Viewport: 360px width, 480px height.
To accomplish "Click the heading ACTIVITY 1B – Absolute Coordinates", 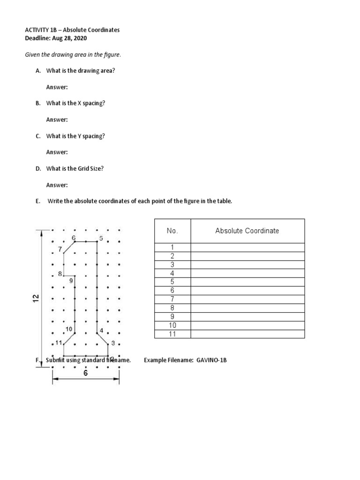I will (x=72, y=30).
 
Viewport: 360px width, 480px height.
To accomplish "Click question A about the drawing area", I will (x=80, y=70).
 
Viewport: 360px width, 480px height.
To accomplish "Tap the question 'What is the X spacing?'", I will (x=75, y=103).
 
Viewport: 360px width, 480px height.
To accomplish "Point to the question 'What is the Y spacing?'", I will (x=75, y=136).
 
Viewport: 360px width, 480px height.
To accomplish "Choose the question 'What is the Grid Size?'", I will (x=75, y=169).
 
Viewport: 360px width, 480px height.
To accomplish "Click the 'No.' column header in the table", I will (x=172, y=231).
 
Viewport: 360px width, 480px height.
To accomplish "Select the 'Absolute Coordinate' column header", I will (x=247, y=231).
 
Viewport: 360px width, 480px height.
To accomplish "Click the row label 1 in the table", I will (x=172, y=247).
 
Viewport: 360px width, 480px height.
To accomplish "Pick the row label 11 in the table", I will (x=172, y=334).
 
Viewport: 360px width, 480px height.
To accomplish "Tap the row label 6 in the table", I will (x=172, y=291).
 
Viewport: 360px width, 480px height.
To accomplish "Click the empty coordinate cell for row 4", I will (x=247, y=273).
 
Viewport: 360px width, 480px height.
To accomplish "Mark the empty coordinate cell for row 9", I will (x=247, y=316).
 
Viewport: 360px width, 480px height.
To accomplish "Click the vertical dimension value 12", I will (x=36, y=298).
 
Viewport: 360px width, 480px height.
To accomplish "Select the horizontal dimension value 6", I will (x=86, y=374).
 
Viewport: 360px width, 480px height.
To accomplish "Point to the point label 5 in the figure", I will (x=101, y=238).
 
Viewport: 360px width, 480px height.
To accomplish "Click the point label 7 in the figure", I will (x=60, y=248).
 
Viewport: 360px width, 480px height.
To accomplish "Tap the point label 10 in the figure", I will (x=69, y=329).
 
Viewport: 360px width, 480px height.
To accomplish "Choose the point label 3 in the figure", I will (x=113, y=343).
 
